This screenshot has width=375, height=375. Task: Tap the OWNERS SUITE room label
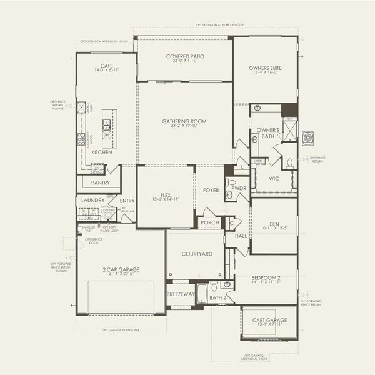click(x=266, y=67)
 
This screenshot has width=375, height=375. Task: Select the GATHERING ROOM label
click(x=184, y=121)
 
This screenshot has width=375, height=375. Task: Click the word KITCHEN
click(x=102, y=152)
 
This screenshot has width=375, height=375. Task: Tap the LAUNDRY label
click(x=93, y=200)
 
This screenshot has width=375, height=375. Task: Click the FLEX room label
click(x=166, y=194)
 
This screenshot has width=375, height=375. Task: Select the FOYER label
click(x=211, y=190)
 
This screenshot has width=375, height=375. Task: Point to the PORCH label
click(x=210, y=222)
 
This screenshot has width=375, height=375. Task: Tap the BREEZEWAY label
click(x=181, y=294)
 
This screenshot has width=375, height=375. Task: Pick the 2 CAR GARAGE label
click(x=121, y=269)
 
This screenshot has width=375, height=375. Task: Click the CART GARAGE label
click(x=269, y=320)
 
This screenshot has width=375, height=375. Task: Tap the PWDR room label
click(x=237, y=187)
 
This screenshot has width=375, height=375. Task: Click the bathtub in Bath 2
click(x=201, y=293)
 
